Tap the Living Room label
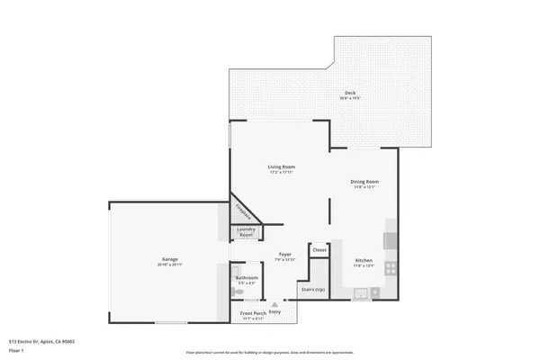tap(281, 167)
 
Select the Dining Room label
tap(364, 182)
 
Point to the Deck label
tap(349, 94)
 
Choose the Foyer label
tap(284, 255)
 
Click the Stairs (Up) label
tap(312, 290)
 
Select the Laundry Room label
tap(246, 232)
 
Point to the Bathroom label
tap(247, 278)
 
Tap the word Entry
tap(274, 312)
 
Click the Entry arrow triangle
tap(274, 305)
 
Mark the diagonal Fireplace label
tap(242, 211)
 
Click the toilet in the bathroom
tap(234, 292)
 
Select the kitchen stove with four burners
tap(390, 267)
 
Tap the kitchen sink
tap(360, 292)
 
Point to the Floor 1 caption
tap(17, 350)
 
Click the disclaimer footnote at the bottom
tap(269, 352)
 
